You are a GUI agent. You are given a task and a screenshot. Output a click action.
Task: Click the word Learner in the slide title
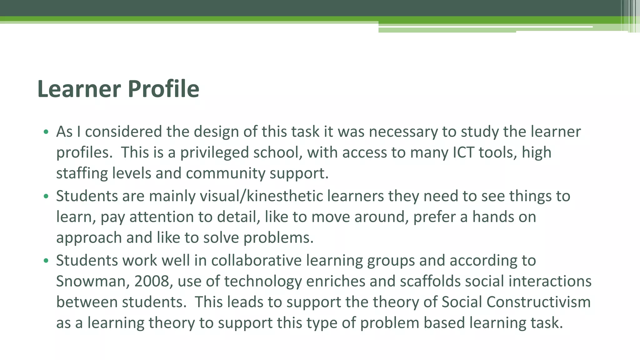click(x=79, y=89)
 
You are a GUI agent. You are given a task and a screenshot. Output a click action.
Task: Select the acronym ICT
click(x=463, y=152)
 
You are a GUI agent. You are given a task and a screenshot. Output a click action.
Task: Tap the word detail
click(x=238, y=217)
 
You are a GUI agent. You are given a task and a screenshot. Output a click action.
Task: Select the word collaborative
click(x=256, y=261)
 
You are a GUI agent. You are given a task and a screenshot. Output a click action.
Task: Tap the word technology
click(x=263, y=281)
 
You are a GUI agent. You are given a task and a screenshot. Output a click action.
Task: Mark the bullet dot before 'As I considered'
click(x=46, y=132)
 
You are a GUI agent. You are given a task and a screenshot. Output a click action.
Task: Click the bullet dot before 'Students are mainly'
click(x=46, y=196)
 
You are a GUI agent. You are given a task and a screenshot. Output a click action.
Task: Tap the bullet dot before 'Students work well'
click(x=46, y=261)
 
